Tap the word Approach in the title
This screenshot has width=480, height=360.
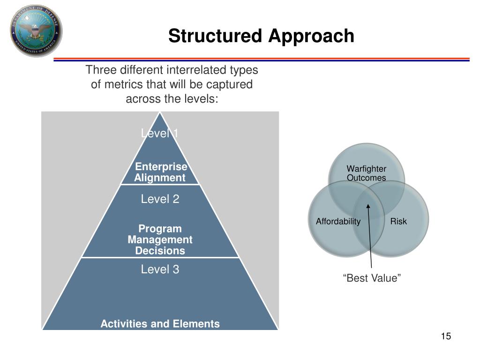(311, 36)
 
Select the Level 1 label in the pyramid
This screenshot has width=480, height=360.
(160, 134)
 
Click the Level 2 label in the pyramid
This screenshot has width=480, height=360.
(160, 199)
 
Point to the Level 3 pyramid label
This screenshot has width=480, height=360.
(160, 270)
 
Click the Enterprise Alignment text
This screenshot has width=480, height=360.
(160, 172)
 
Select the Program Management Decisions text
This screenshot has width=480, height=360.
(160, 240)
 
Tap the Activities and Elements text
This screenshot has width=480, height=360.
(160, 324)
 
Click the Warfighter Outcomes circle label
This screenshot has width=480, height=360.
(366, 173)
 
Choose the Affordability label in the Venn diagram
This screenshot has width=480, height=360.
(338, 222)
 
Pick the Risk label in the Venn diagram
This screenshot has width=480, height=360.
(398, 222)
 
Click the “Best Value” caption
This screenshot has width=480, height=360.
(372, 279)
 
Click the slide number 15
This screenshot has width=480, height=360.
(445, 337)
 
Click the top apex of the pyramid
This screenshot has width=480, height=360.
(160, 113)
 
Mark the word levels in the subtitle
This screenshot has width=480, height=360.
(202, 99)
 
